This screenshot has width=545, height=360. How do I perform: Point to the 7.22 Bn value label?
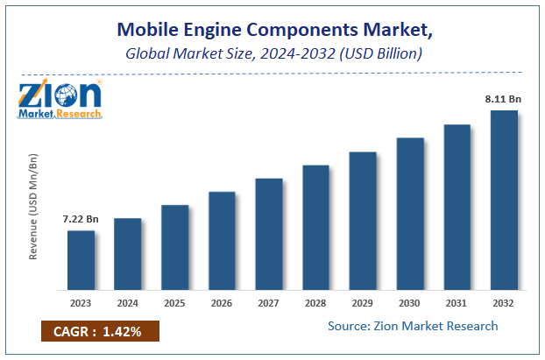80,217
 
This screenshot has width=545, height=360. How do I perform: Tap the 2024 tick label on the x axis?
128,302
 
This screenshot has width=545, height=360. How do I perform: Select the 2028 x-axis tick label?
316,302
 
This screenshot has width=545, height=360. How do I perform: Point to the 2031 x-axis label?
457,302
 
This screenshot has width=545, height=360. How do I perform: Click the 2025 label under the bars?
175,302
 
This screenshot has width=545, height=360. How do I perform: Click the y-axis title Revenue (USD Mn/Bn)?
34,207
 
